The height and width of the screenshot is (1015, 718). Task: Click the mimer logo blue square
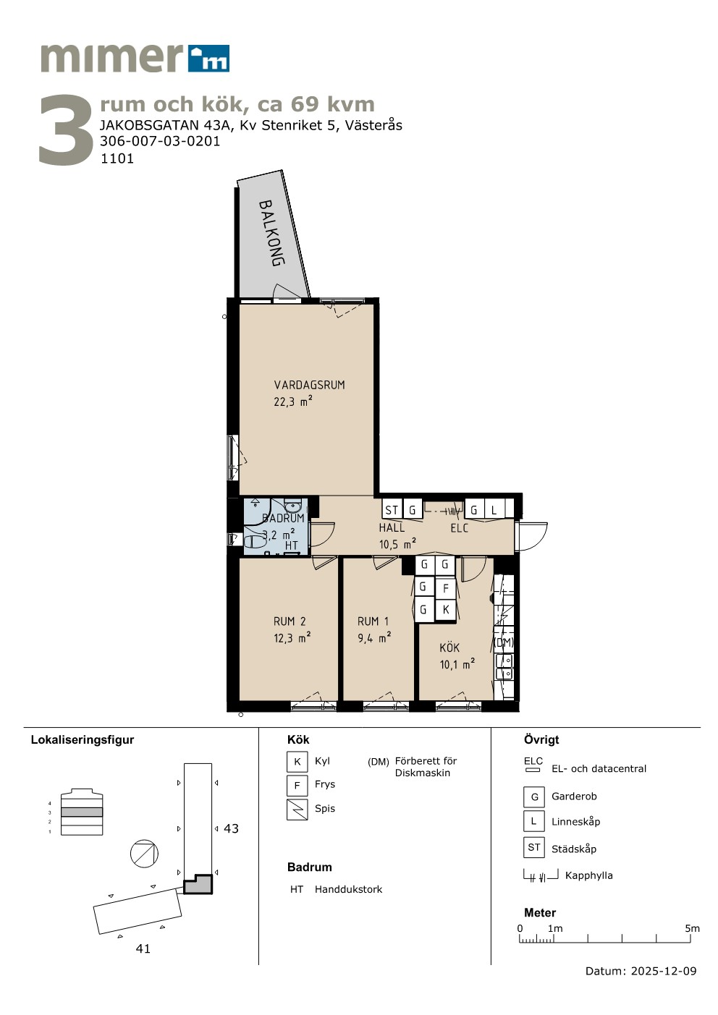tap(209, 58)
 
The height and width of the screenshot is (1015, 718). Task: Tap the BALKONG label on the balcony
tap(271, 233)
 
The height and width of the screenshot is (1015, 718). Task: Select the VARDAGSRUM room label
tap(309, 385)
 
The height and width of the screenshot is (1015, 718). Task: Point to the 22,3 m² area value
tap(293, 401)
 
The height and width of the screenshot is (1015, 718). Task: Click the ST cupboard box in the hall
tap(392, 510)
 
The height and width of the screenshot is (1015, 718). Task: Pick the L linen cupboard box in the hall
tap(494, 509)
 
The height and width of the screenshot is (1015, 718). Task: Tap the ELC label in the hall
tap(459, 528)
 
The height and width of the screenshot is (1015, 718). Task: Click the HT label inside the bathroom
tap(292, 545)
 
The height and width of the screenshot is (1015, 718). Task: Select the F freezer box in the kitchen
tap(446, 588)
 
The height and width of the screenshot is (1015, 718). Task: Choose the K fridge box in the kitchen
tap(446, 609)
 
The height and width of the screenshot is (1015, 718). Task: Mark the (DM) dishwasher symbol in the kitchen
tap(504, 642)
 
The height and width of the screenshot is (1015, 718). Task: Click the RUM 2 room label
tap(290, 621)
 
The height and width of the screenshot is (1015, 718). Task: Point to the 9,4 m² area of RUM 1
tap(374, 638)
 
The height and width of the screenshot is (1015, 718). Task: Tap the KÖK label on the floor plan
tap(449, 647)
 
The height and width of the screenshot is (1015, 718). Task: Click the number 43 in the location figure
tap(231, 828)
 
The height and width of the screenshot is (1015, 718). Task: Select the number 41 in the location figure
tap(143, 948)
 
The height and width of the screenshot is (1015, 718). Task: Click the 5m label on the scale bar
tap(692, 928)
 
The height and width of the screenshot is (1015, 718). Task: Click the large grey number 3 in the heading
tap(66, 129)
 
